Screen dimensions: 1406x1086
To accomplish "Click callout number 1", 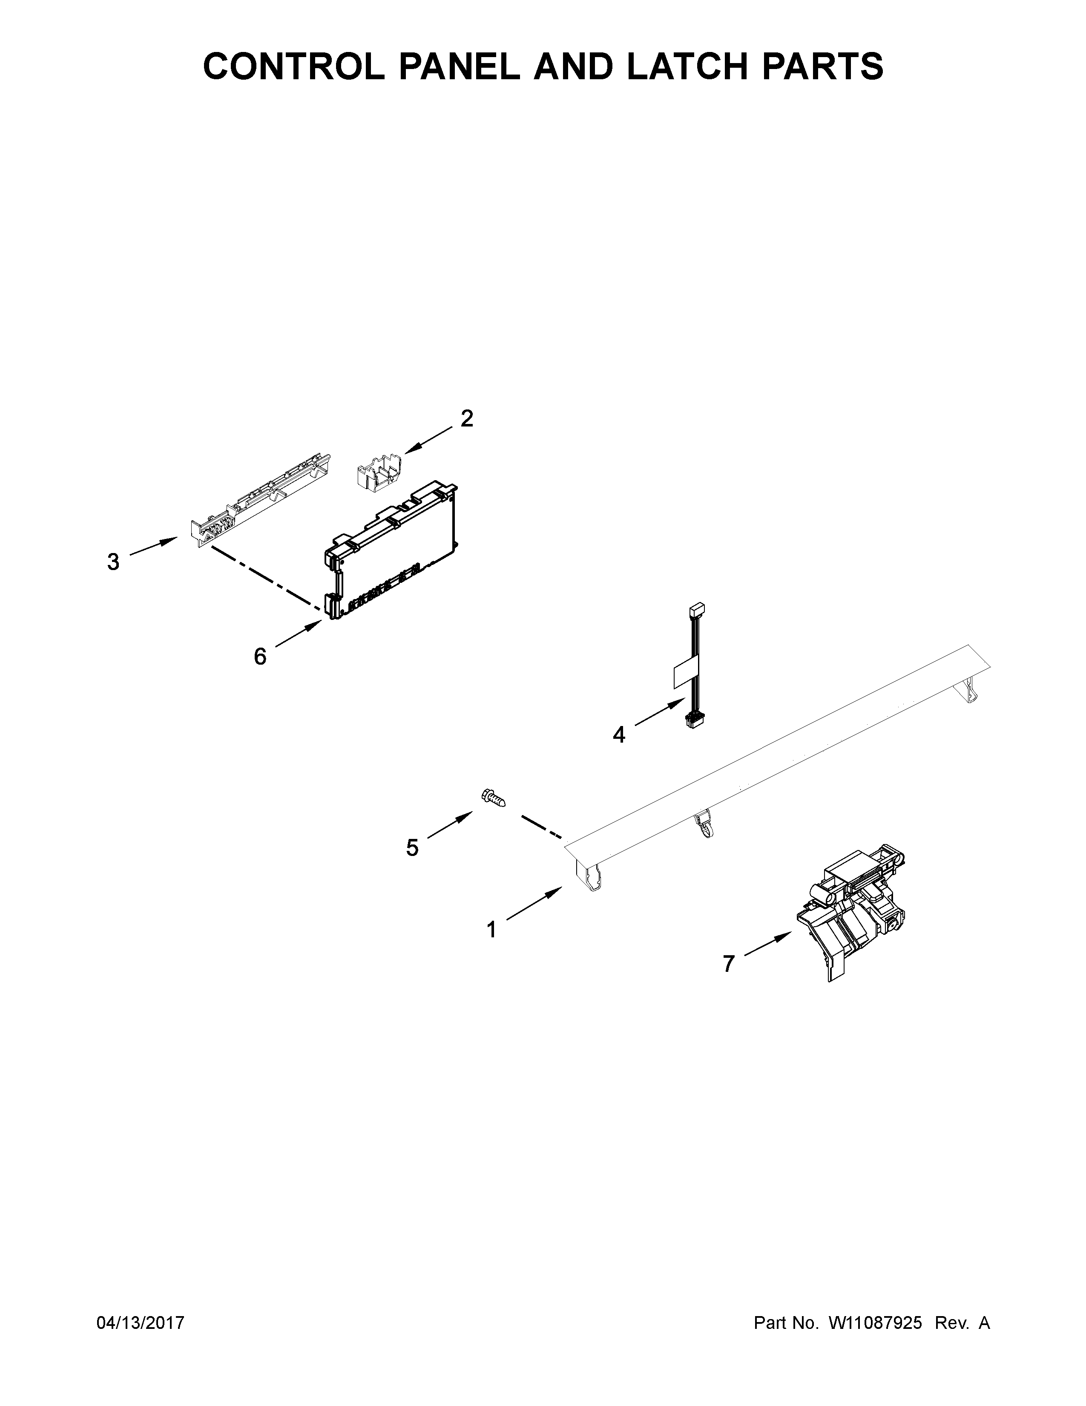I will click(491, 930).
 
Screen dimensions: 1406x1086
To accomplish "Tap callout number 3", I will click(113, 562).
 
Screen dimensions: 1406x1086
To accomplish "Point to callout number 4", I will click(619, 734).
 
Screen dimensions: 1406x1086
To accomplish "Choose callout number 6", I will click(260, 657).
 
